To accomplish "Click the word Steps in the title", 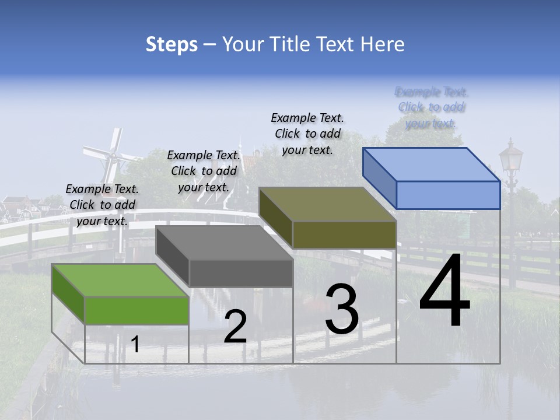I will pos(171,44).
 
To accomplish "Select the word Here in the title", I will pos(383,44).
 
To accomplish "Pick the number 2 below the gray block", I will pos(235,327).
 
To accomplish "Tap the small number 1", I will pos(135,345).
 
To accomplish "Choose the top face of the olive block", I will pos(327,204).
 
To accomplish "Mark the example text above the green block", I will pos(103,205).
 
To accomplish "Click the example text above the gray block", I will pos(204,171).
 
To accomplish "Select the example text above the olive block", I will pos(307,134).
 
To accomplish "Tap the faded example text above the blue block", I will pos(432,107).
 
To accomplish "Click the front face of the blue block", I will pos(448,195).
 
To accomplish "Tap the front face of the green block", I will pos(137,310).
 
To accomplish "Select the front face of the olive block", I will pos(344,235).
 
